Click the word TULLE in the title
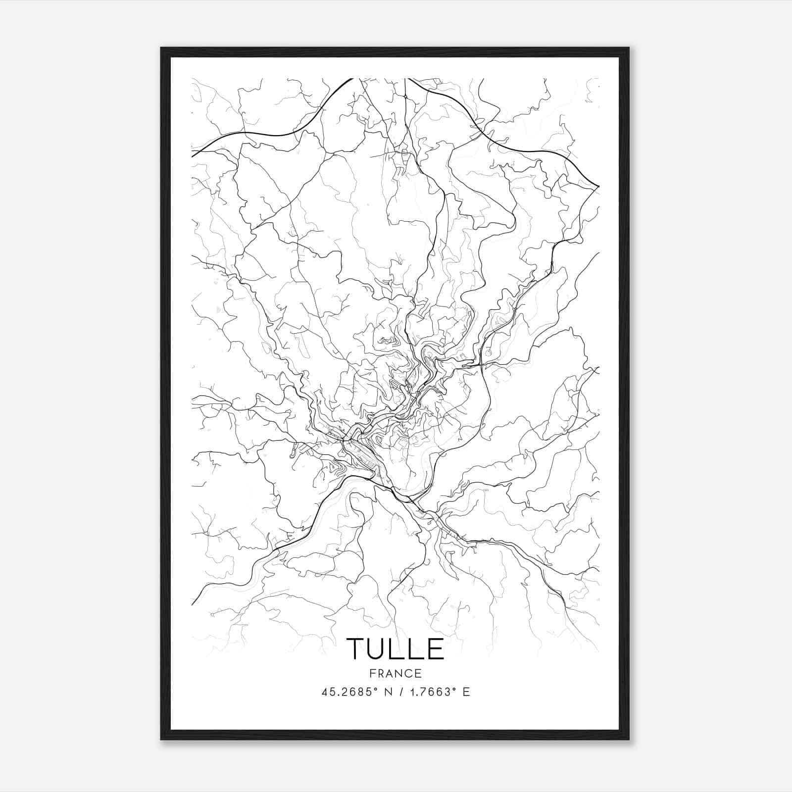(395, 649)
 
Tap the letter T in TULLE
(356, 649)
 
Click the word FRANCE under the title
(395, 673)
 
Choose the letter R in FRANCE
(380, 673)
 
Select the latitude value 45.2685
(345, 692)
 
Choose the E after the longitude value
(466, 692)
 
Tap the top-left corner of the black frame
(161, 48)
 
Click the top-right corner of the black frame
(629, 48)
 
